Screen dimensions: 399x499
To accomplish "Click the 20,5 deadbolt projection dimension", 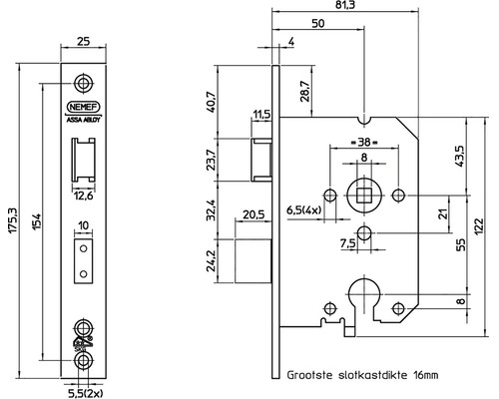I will point(252,212).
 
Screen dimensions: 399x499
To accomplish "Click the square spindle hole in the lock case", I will point(362,191).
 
